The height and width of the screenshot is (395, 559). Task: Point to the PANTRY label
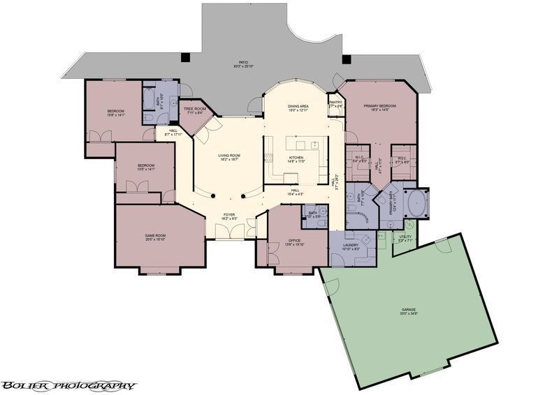[x=335, y=103]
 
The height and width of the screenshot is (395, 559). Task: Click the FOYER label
[x=229, y=216]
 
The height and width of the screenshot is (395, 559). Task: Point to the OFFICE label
[x=294, y=242]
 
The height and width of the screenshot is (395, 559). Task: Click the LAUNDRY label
[x=350, y=246]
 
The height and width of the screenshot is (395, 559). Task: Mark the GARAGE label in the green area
[x=409, y=311]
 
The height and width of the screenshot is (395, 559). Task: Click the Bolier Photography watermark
[x=68, y=385]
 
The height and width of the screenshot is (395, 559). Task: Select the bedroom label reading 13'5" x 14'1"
[x=143, y=167]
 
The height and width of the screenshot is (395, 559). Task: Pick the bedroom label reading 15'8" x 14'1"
[x=116, y=113]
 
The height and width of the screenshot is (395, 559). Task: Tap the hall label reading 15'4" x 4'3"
[x=296, y=192]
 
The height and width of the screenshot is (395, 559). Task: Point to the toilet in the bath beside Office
[x=323, y=211]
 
